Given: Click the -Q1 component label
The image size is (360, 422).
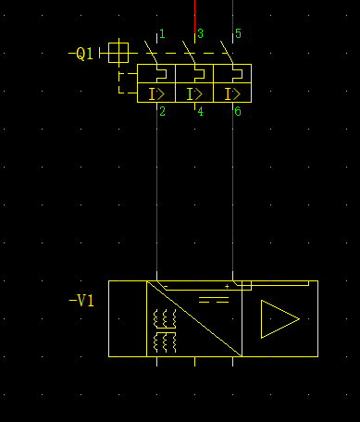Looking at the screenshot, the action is click(x=81, y=54).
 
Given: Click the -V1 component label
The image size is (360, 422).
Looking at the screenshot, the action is click(x=81, y=301).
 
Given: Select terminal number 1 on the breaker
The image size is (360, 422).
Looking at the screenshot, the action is click(x=162, y=33).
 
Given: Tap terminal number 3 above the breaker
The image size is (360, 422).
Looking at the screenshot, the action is click(x=200, y=33).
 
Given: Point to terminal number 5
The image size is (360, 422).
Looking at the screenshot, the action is click(x=238, y=33).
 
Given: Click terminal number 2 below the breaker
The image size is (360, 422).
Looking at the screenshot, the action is click(x=162, y=112).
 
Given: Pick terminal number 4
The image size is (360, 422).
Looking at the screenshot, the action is click(x=200, y=112).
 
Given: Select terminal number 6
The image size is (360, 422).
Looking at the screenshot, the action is click(x=238, y=112).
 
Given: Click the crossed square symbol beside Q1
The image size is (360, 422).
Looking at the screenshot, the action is click(x=118, y=53).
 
